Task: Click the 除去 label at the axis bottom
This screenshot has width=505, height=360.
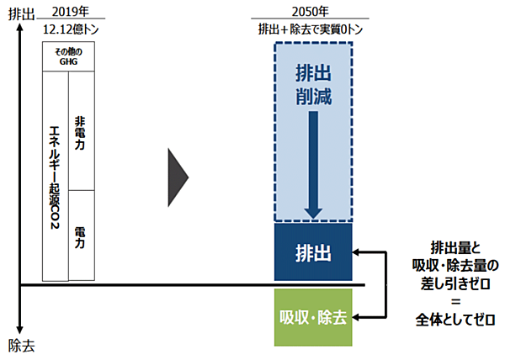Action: click(x=21, y=344)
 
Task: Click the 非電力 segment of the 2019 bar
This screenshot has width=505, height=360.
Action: click(x=80, y=131)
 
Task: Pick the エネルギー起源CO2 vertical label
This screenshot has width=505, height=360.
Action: click(x=53, y=177)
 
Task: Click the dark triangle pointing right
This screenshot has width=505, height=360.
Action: click(x=178, y=177)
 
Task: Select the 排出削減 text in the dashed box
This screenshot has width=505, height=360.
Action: click(x=312, y=83)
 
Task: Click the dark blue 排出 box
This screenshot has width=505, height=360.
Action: click(x=312, y=252)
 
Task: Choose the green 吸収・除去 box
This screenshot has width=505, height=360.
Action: click(x=312, y=318)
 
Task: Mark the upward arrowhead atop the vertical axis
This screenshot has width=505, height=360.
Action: click(x=18, y=32)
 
